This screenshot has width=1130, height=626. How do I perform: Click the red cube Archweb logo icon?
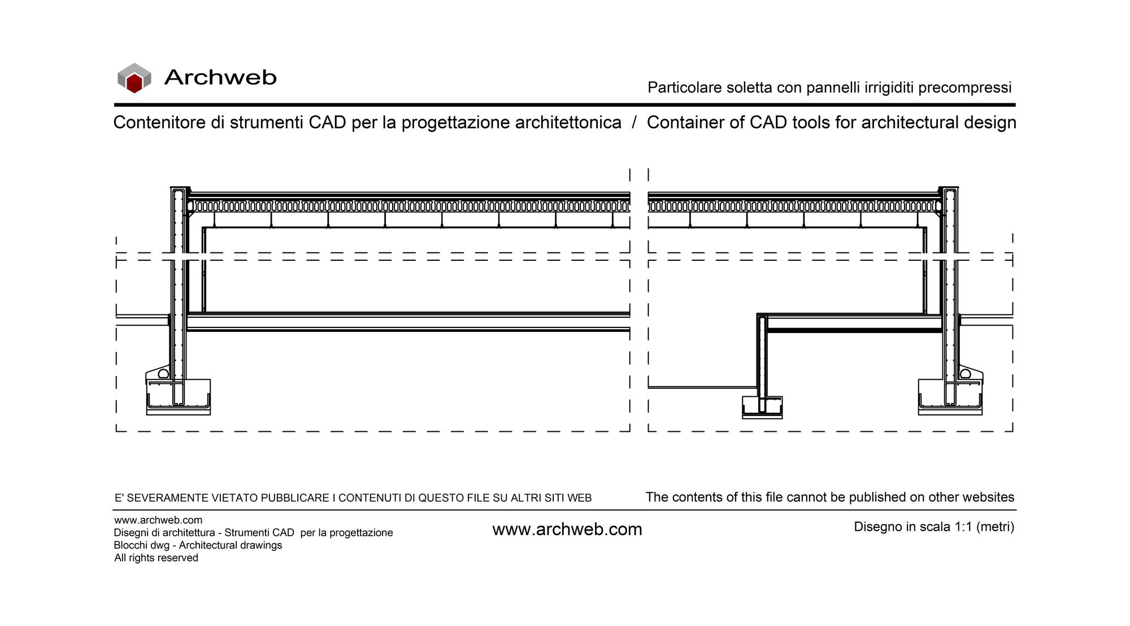[134, 78]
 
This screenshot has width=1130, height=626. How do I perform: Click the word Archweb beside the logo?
[220, 77]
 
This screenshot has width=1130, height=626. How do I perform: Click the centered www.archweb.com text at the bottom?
[567, 529]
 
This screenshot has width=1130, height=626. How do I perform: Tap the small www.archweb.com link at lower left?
[158, 520]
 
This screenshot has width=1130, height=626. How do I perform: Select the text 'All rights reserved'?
[156, 558]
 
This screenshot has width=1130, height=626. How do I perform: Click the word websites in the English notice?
[986, 497]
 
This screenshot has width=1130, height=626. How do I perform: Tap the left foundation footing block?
[179, 397]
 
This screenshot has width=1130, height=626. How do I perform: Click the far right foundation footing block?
[950, 397]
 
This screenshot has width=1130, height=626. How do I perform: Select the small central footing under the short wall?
[762, 407]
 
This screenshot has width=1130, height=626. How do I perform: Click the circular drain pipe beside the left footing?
[163, 374]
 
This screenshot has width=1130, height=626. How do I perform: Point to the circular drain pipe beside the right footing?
[966, 374]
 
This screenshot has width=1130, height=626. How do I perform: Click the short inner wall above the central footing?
[762, 356]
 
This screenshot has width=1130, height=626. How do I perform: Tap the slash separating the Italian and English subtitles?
[634, 122]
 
